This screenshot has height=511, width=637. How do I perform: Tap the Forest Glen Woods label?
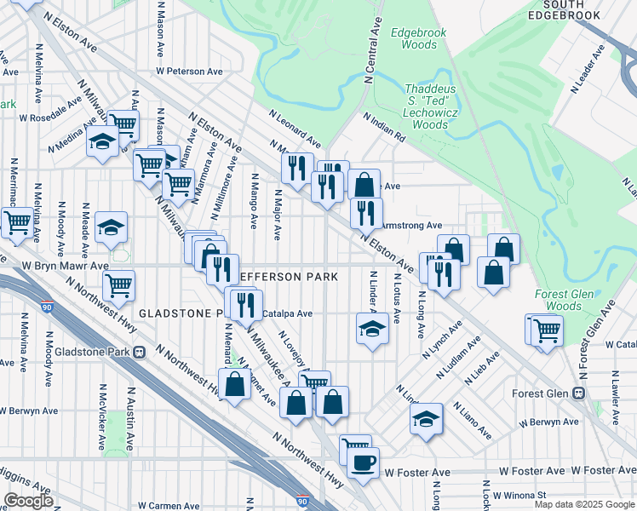coord(559,300)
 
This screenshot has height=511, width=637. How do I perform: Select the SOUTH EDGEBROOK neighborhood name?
coord(579,9)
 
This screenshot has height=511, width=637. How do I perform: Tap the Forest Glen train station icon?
coord(579,393)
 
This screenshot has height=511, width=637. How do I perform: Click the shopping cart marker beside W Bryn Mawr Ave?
coord(118,285)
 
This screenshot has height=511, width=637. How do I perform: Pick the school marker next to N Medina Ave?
coord(102,141)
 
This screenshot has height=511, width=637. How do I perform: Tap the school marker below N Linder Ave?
coord(371,328)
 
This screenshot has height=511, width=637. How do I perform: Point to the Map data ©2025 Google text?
coord(584,504)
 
